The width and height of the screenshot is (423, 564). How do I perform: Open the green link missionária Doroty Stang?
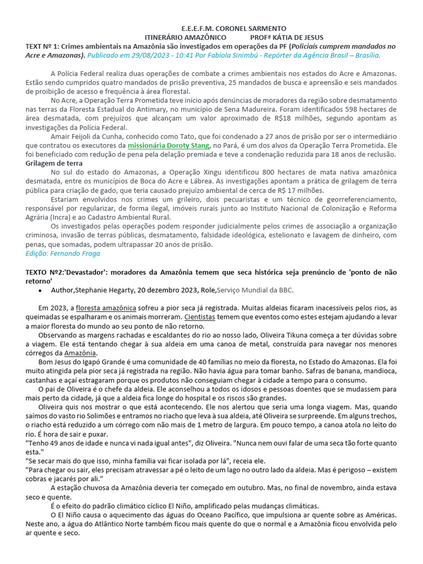click(x=169, y=145)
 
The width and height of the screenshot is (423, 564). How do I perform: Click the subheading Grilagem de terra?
click(x=54, y=163)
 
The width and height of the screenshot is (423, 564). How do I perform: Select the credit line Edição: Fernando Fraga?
click(x=63, y=253)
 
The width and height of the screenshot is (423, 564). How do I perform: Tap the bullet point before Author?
click(x=41, y=290)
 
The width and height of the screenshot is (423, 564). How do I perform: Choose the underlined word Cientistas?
click(x=199, y=317)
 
